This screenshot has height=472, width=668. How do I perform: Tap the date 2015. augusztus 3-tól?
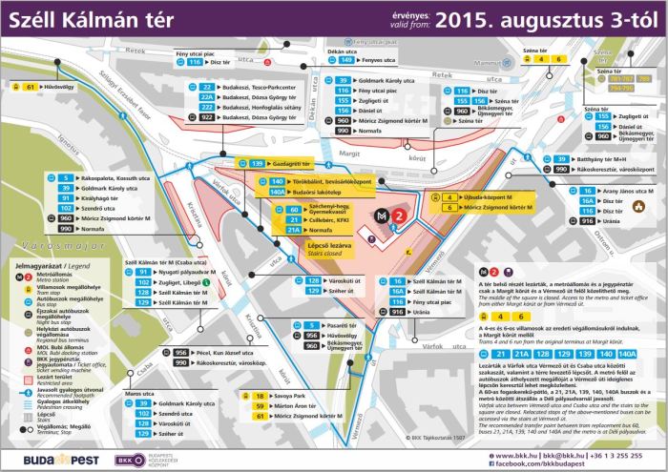548,18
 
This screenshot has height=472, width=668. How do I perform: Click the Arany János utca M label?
633,191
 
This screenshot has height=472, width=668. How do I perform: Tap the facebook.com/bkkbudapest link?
567,461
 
